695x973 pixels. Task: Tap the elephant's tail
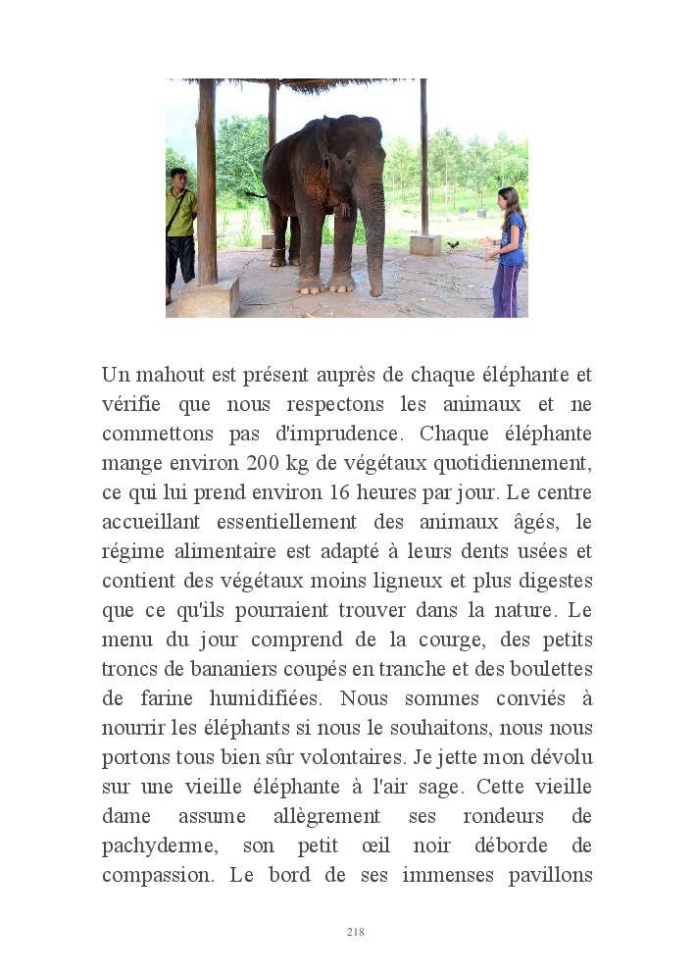click(258, 194)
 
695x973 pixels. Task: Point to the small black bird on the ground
click(452, 243)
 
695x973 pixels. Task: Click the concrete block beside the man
click(208, 296)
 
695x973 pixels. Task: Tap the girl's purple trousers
click(507, 290)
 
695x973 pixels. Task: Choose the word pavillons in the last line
click(546, 875)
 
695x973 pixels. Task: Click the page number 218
click(355, 932)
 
